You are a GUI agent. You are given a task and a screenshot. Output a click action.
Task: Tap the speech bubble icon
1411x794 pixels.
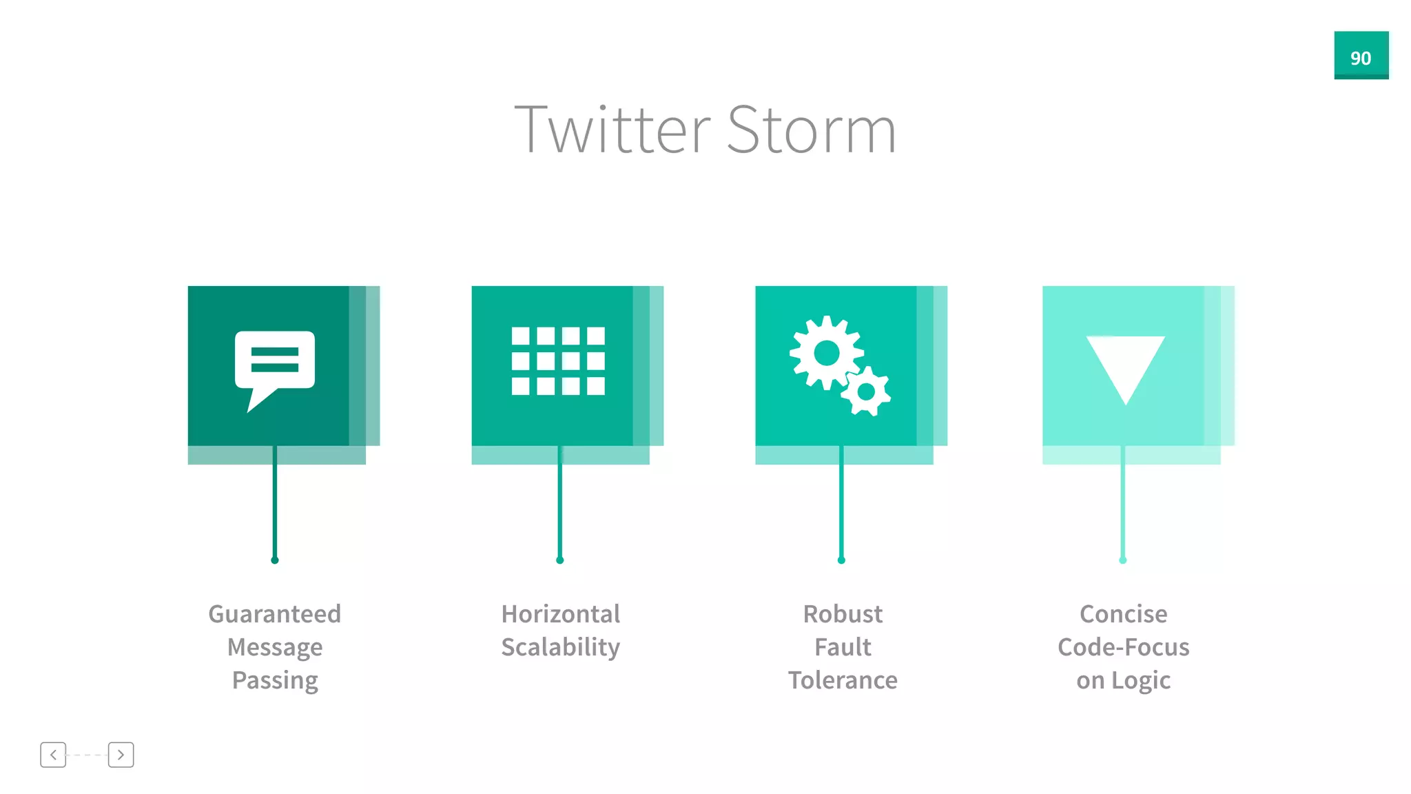pyautogui.click(x=274, y=365)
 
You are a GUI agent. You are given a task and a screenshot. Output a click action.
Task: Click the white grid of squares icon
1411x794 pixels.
pyautogui.click(x=558, y=361)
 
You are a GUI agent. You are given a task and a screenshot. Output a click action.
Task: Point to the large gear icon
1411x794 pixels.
pyautogui.click(x=826, y=354)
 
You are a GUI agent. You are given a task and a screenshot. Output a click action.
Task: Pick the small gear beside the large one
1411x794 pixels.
pyautogui.click(x=866, y=391)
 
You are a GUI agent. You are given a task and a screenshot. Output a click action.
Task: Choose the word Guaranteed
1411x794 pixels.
pyautogui.click(x=274, y=613)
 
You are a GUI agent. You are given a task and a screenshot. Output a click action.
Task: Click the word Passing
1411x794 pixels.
pyautogui.click(x=274, y=680)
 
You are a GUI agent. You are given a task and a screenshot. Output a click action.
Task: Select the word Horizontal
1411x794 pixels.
pyautogui.click(x=560, y=613)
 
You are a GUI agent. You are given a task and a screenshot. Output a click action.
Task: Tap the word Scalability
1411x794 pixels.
pyautogui.click(x=560, y=647)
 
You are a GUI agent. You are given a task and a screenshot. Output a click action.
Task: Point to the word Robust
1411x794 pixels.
pyautogui.click(x=842, y=613)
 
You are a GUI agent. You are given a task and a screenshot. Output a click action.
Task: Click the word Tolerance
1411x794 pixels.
pyautogui.click(x=842, y=680)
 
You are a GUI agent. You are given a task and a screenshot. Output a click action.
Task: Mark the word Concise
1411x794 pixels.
pyautogui.click(x=1123, y=613)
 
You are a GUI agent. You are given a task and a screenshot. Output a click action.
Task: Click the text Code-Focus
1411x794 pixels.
pyautogui.click(x=1123, y=647)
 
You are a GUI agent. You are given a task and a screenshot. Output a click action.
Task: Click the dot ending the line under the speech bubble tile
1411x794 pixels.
pyautogui.click(x=275, y=560)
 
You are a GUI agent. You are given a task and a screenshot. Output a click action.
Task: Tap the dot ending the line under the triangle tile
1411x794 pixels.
pyautogui.click(x=1122, y=560)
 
